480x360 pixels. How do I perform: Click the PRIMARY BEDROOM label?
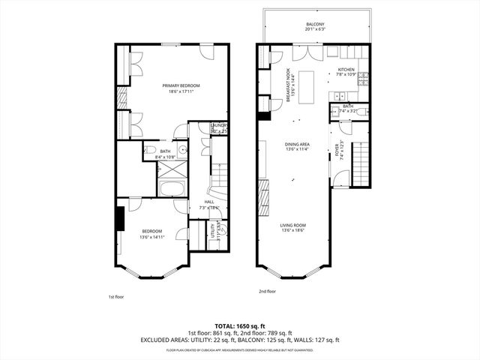point(178,85)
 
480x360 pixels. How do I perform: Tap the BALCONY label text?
point(315,25)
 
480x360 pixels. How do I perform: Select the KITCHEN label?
point(345,70)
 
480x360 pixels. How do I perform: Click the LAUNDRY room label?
point(218,125)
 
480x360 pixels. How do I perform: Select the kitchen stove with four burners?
point(364,76)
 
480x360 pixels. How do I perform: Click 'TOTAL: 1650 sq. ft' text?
point(239,325)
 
